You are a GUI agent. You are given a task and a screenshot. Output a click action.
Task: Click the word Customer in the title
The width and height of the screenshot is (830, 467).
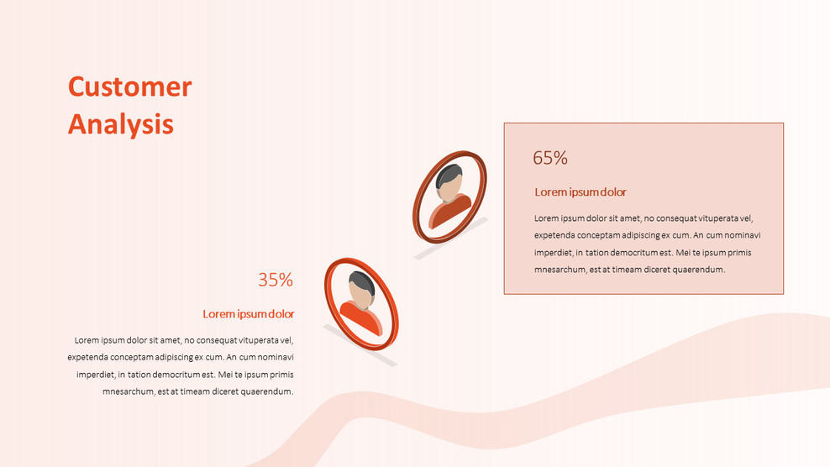(129, 87)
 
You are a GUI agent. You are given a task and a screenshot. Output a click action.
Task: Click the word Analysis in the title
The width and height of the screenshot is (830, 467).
(120, 124)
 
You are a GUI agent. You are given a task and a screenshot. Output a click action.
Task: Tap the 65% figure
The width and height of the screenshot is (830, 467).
(550, 158)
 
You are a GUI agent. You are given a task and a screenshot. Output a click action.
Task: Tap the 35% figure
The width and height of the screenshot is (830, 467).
(276, 281)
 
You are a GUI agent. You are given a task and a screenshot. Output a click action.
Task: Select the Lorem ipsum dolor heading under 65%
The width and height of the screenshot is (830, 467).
(580, 192)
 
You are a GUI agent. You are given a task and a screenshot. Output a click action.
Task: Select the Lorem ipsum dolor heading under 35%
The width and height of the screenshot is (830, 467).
(249, 314)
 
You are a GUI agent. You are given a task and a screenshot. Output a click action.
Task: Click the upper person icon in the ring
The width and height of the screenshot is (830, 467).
(450, 197)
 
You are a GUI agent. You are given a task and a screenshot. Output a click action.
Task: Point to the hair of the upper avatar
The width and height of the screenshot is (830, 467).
(450, 175)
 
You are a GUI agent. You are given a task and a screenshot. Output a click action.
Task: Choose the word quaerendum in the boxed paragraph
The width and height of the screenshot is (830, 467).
(697, 270)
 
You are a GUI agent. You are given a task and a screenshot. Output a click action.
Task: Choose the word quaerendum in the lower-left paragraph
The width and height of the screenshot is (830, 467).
(266, 391)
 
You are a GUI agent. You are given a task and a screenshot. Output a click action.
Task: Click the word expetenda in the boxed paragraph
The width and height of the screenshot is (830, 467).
(555, 236)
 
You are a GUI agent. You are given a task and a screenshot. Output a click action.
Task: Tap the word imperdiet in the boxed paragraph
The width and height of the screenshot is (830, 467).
(554, 253)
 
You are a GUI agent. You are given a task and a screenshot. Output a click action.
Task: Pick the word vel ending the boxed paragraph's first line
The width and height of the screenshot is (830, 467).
(747, 219)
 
